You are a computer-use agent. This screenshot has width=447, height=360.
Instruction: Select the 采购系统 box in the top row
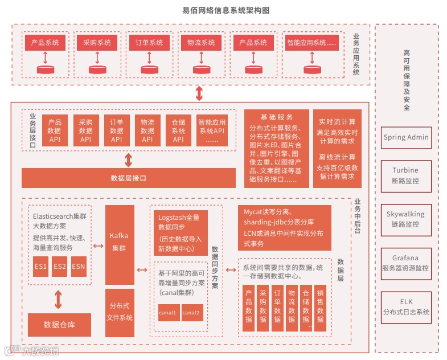click(x=97, y=43)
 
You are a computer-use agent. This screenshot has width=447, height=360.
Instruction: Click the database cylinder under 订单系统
click(x=149, y=69)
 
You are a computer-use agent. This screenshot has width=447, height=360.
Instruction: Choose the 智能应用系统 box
click(x=311, y=43)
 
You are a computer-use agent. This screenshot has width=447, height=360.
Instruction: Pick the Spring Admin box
click(x=406, y=137)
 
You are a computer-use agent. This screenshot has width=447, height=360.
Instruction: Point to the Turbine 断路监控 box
click(x=406, y=175)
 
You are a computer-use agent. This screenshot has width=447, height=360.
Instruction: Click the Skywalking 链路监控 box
click(x=406, y=219)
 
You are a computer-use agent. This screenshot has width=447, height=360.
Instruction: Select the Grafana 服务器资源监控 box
click(x=406, y=263)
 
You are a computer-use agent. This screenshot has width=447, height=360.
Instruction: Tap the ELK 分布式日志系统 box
click(x=406, y=306)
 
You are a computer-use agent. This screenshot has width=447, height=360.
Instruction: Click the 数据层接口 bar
click(x=129, y=178)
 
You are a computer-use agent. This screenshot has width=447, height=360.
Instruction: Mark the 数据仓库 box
click(x=59, y=325)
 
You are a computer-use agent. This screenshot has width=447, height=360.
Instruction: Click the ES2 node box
click(x=59, y=267)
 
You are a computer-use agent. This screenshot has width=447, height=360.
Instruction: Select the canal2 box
click(x=191, y=313)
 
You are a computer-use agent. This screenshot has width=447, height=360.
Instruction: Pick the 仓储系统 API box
click(x=178, y=131)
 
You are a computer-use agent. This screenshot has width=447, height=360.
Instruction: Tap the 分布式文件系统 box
click(x=120, y=312)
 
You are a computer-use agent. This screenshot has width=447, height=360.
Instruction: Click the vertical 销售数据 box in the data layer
click(x=320, y=307)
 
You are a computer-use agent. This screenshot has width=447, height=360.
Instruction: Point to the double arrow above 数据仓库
click(x=59, y=300)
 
